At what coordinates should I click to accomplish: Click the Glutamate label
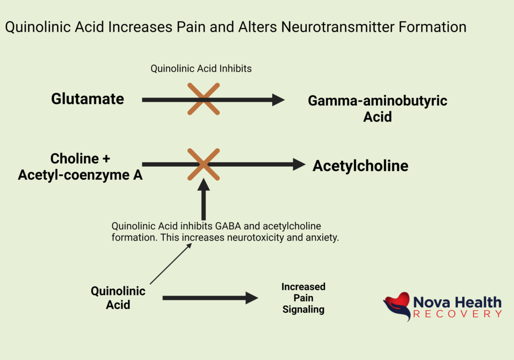87,99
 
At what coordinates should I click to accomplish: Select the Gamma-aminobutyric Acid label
377,108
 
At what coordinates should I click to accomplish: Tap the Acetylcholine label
360,166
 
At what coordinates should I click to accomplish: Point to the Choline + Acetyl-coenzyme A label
80,167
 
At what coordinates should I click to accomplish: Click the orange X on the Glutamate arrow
203,99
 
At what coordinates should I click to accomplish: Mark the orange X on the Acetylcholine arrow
203,164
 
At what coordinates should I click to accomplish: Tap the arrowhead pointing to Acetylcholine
299,164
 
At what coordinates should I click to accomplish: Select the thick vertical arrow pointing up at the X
203,201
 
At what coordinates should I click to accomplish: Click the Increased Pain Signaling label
303,298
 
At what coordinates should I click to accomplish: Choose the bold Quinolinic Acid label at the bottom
118,298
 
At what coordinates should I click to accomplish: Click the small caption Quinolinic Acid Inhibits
201,69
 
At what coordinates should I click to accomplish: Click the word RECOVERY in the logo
457,314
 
